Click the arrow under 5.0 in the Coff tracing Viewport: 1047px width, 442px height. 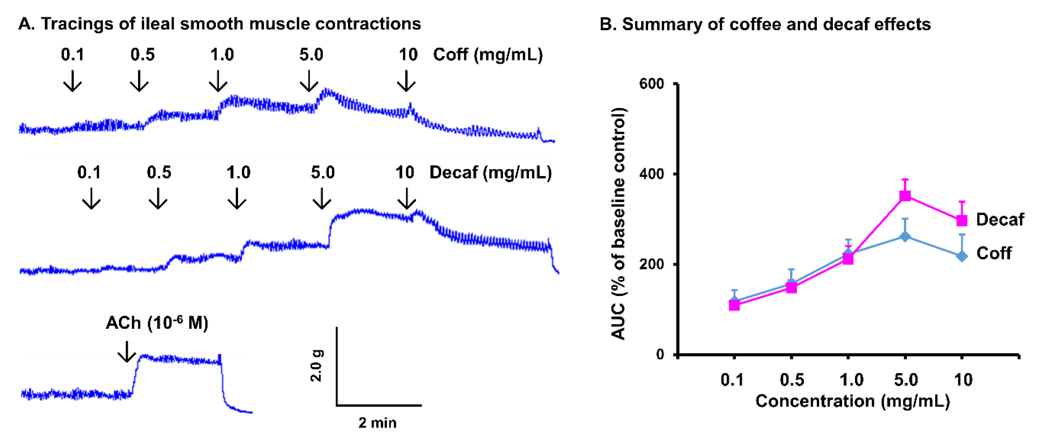point(309,81)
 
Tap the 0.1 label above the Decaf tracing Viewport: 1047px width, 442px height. point(89,173)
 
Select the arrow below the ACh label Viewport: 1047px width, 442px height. point(127,352)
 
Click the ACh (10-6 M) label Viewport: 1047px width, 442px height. point(157,323)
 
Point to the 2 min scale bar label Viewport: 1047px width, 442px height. point(377,423)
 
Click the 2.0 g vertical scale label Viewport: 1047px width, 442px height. point(316,365)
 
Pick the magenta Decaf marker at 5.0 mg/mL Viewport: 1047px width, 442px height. point(905,196)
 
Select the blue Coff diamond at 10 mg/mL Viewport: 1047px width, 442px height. point(962,256)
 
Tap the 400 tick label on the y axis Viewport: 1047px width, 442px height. point(651,174)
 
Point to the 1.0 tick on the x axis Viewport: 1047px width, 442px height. point(851,380)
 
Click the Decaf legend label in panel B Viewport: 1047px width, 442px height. point(1000,220)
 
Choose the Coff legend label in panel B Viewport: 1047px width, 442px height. point(994,253)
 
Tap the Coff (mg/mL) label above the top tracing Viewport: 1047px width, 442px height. point(488,55)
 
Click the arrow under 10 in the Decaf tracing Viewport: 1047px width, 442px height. point(406,198)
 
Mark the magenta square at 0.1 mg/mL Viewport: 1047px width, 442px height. point(734,305)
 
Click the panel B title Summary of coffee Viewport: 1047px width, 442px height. point(765,24)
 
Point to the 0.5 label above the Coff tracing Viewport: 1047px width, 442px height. point(142,55)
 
